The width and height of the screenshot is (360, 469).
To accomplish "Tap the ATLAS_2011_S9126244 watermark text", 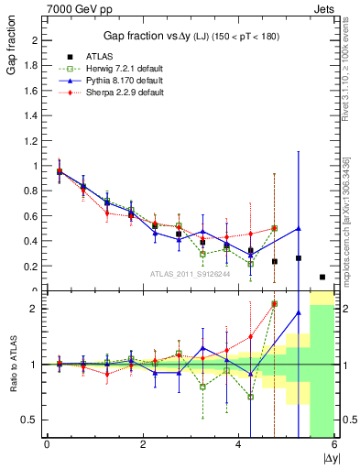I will (190, 273).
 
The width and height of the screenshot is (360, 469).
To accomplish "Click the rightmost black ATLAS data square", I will (322, 277).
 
